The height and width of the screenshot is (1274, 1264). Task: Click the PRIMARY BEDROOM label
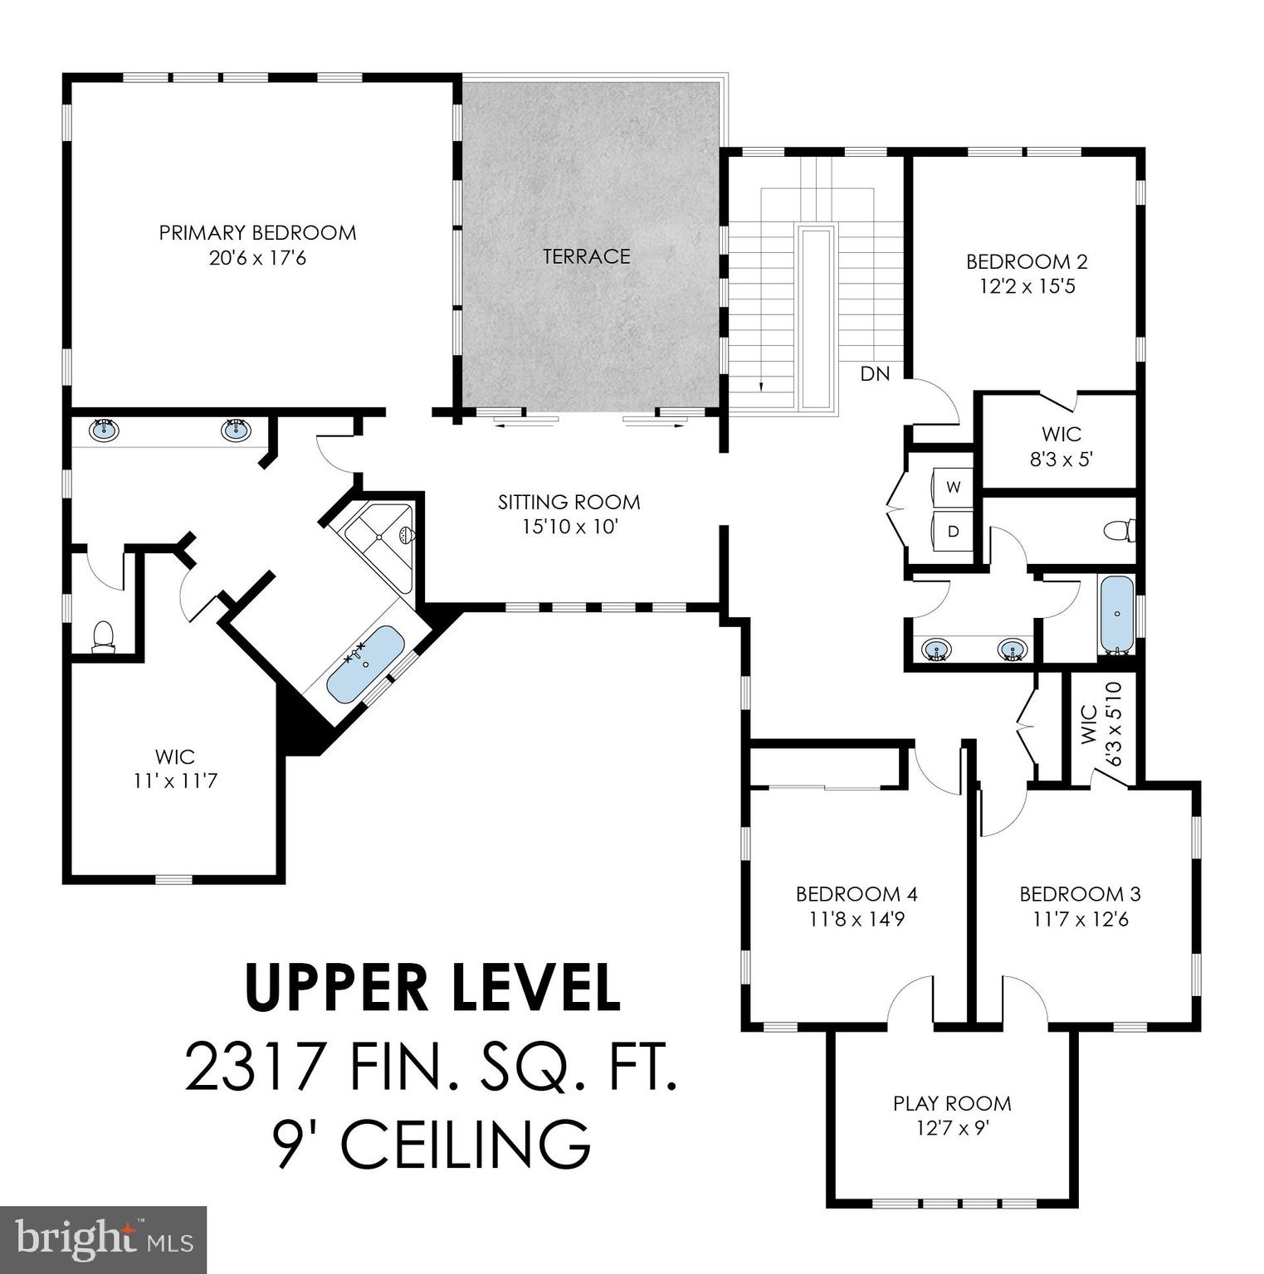pos(257,233)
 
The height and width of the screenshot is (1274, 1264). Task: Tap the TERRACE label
pos(587,256)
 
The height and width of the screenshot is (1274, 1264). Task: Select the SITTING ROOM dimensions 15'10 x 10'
pos(569,527)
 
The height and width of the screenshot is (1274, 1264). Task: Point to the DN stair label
pos(875,374)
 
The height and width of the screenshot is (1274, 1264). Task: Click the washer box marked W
pos(954,487)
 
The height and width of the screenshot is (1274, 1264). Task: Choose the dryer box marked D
pos(954,531)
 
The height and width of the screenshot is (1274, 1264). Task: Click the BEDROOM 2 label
pos(1027,262)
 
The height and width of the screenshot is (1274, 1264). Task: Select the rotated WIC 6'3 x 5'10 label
pos(1101,723)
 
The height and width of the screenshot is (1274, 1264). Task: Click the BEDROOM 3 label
pos(1080,894)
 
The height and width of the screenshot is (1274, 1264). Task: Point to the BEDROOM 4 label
pos(856,894)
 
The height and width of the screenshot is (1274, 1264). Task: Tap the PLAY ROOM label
pos(952,1103)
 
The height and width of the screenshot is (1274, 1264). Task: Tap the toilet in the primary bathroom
pos(103,637)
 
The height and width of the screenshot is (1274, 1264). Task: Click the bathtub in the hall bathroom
pos(1116,615)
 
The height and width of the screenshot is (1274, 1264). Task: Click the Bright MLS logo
pos(103,1239)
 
